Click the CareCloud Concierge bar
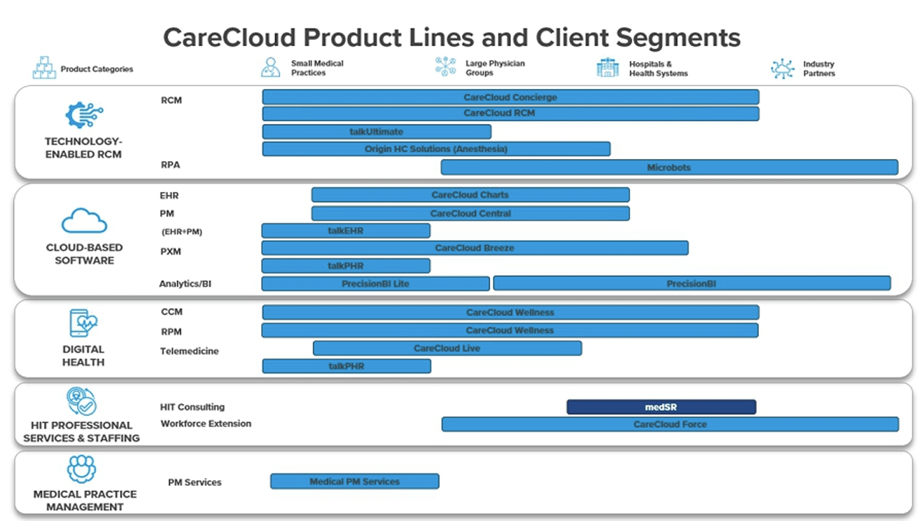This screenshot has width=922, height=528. [x=510, y=97]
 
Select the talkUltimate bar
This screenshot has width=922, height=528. [x=377, y=132]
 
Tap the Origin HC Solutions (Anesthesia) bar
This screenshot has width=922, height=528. [x=436, y=149]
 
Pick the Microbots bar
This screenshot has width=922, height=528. [x=669, y=167]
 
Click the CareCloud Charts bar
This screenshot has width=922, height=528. [x=470, y=195]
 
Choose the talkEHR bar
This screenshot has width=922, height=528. [x=346, y=230]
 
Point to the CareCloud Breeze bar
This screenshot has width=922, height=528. [x=475, y=248]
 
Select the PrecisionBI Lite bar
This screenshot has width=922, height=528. [x=375, y=284]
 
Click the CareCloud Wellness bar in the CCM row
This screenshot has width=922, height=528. [x=510, y=312]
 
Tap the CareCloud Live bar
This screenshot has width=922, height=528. [x=447, y=348]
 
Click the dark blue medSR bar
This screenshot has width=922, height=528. [x=661, y=407]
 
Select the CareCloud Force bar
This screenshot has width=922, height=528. [x=670, y=424]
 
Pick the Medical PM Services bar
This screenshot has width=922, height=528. [x=355, y=482]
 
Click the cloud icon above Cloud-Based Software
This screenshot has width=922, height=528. [x=84, y=221]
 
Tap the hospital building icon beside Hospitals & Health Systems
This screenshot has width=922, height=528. [x=607, y=68]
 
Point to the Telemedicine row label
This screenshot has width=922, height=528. [x=189, y=352]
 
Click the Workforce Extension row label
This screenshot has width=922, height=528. [x=206, y=424]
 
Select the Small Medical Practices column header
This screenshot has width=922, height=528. [x=317, y=68]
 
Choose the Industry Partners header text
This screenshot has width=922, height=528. [x=818, y=69]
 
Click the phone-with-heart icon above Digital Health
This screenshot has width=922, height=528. [x=83, y=324]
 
